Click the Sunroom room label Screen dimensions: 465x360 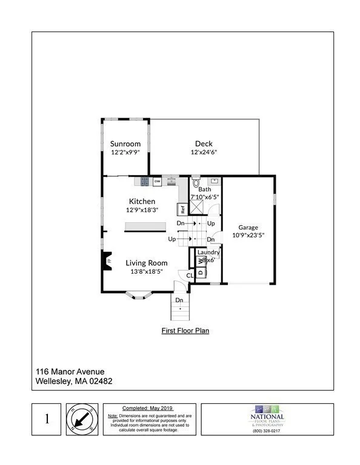tap(125, 143)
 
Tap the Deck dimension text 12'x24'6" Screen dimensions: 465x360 tap(203, 153)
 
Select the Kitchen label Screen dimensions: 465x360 tap(142, 201)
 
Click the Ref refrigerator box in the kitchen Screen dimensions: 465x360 tap(181, 209)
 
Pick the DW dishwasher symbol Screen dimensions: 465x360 tap(157, 181)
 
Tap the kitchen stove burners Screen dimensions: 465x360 tap(145, 181)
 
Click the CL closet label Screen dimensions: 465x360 tap(190, 275)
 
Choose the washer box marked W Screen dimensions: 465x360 tap(200, 261)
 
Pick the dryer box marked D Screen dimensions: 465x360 tap(200, 272)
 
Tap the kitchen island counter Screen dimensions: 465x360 tap(145, 226)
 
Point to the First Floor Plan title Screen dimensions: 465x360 tap(185, 331)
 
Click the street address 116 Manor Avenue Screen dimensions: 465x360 tap(69, 371)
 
